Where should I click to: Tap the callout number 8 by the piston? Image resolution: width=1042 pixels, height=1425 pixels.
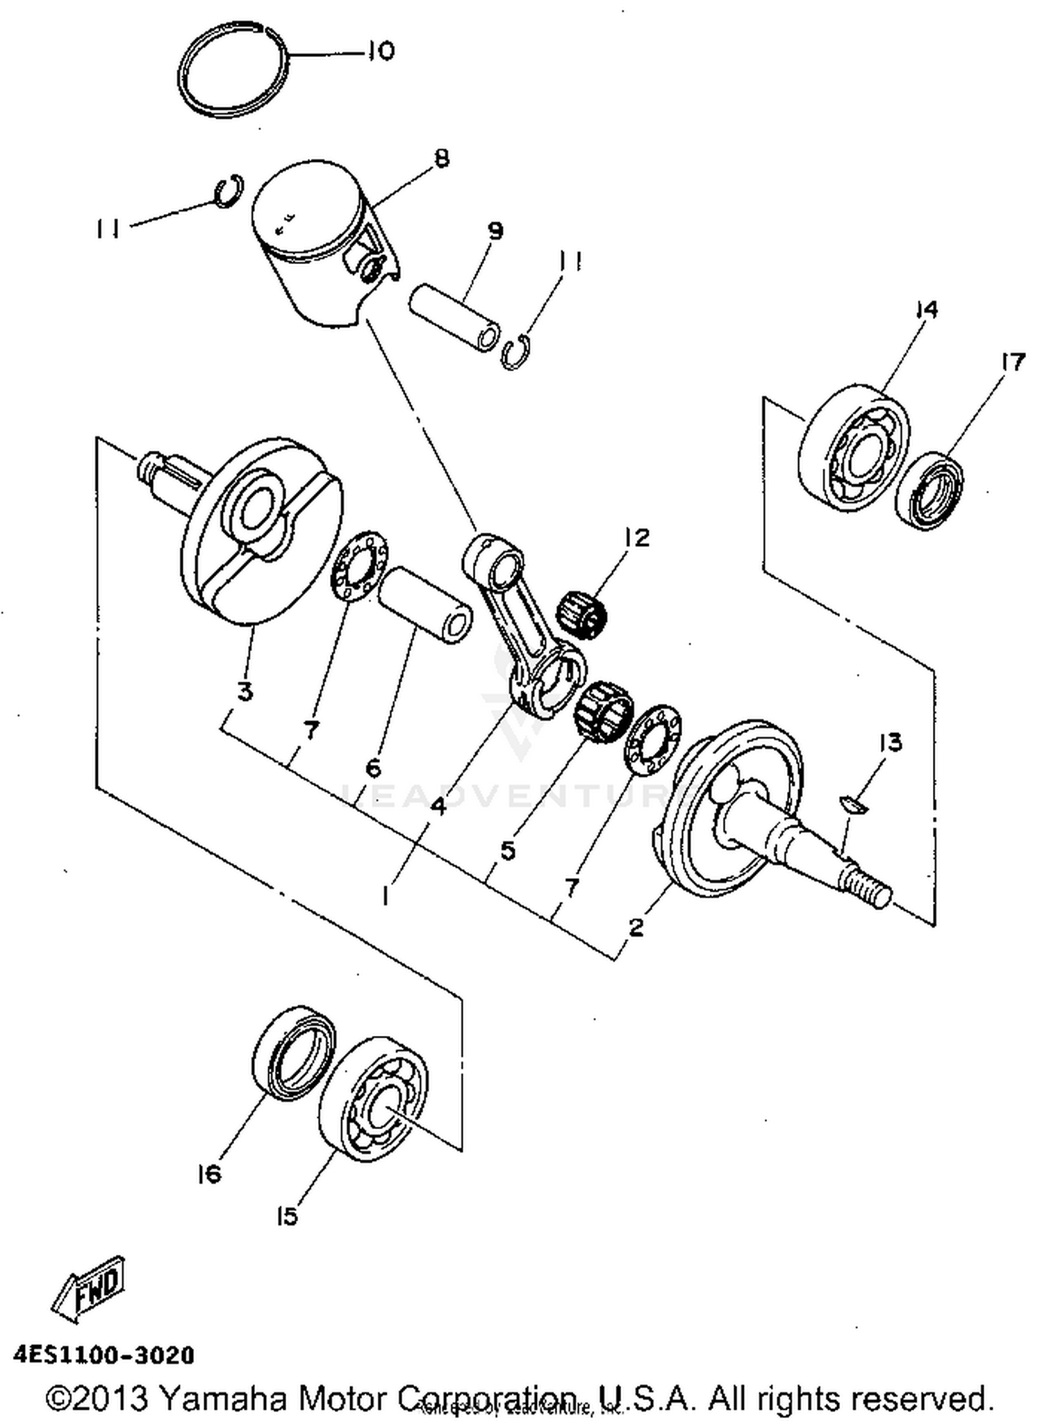[x=440, y=159]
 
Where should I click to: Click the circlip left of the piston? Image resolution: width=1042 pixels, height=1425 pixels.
[x=228, y=191]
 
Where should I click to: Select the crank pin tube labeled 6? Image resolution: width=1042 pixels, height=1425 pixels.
[x=427, y=604]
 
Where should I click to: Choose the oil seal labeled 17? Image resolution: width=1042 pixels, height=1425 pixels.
[x=929, y=491]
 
